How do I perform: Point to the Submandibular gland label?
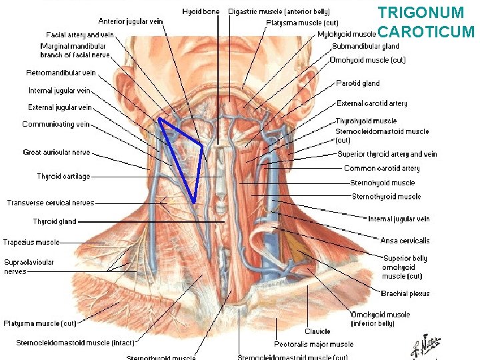[365, 47]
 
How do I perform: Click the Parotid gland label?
[358, 83]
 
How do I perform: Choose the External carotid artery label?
[371, 103]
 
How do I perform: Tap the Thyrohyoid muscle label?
[366, 121]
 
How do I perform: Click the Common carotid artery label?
[381, 169]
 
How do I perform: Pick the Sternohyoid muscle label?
[382, 183]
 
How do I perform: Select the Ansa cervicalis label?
[405, 241]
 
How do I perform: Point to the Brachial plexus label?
[405, 293]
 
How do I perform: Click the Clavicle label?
[317, 331]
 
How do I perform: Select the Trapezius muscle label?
[31, 243]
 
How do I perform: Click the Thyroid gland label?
[55, 221]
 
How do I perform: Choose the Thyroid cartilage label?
[63, 177]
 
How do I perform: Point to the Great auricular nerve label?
[56, 152]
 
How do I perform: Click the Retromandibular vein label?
[61, 73]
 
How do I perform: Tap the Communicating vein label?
[55, 124]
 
